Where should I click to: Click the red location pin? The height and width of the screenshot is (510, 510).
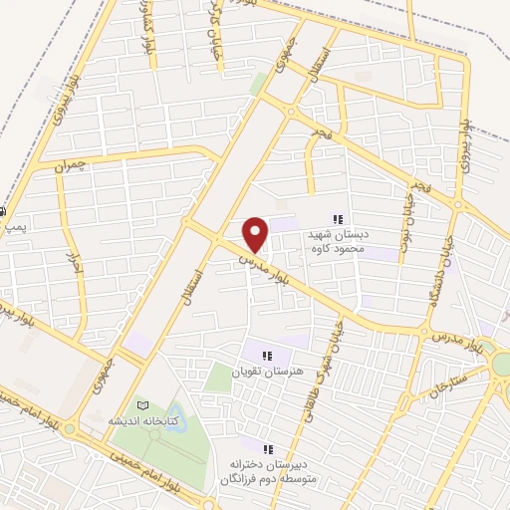coord(257,234)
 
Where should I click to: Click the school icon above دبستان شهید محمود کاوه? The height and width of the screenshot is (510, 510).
coord(338,219)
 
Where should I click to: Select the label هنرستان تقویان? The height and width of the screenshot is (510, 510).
coord(263,371)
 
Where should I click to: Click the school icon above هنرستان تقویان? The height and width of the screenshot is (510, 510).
coord(266,354)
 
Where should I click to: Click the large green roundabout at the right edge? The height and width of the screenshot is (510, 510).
coord(502,365)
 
